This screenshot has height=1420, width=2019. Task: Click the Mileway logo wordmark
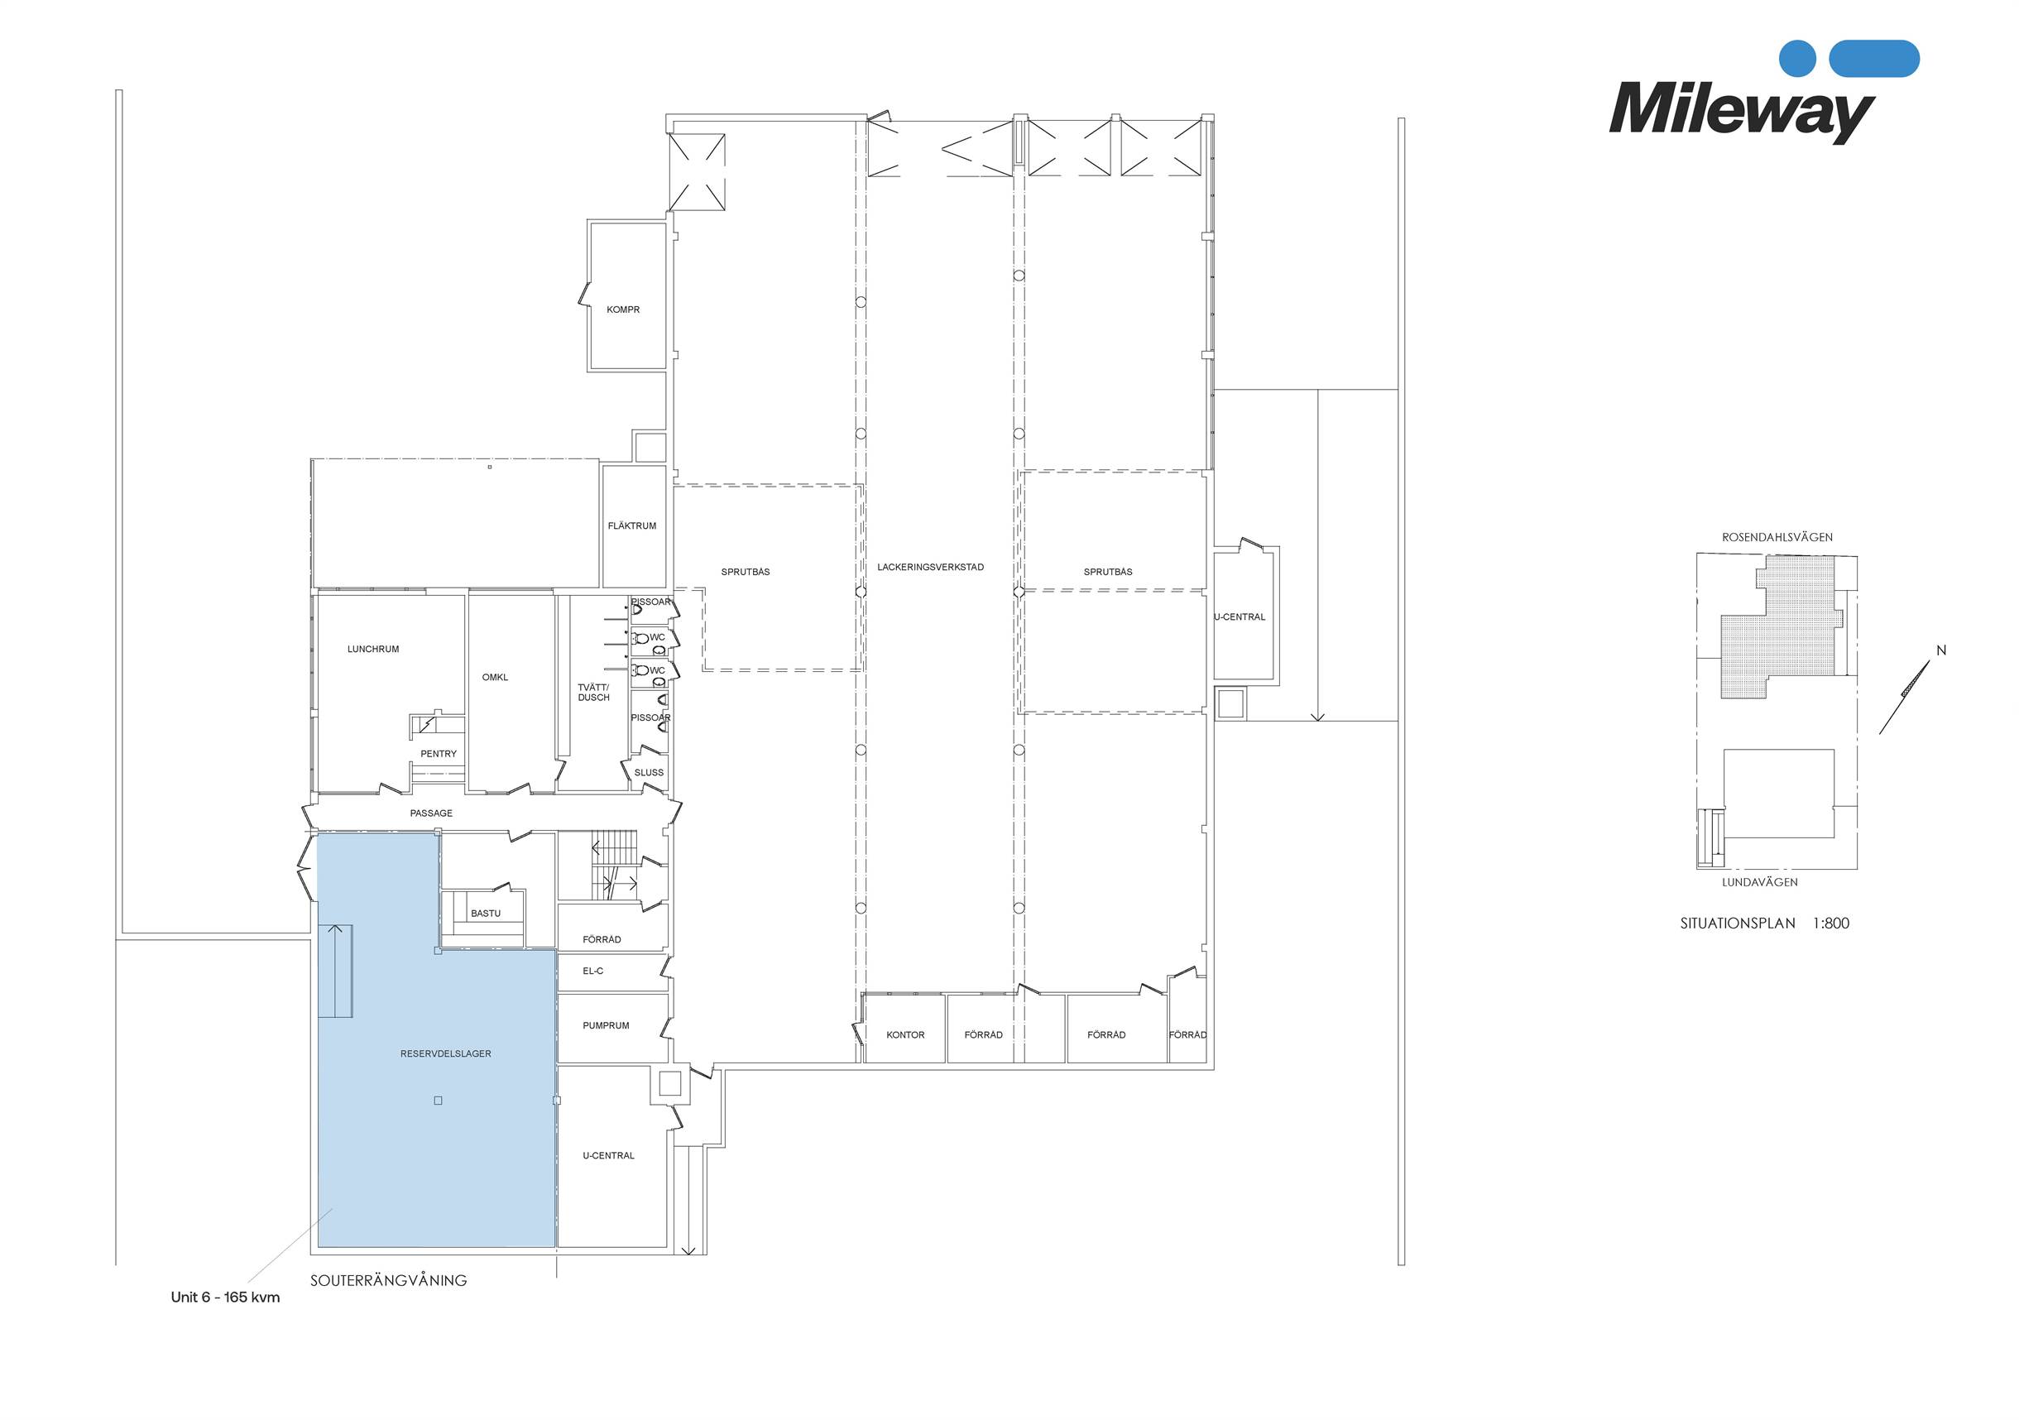pos(1741,112)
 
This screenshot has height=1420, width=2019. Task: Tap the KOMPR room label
pos(622,309)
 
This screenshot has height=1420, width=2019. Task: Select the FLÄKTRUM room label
pos(631,525)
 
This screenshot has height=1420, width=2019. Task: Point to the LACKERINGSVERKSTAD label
pos(930,567)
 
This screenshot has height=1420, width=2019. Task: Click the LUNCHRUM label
pos(373,649)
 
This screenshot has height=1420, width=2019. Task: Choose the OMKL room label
pos(495,677)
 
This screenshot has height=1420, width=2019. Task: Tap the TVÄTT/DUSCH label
pos(593,692)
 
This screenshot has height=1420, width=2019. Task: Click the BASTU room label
pos(486,914)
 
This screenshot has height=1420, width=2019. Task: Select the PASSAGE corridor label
pos(431,813)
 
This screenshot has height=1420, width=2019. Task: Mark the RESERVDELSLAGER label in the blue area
pos(446,1053)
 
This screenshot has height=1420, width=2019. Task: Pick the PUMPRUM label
pos(606,1025)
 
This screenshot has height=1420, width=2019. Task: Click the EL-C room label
pos(592,971)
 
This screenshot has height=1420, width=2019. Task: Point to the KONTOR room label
pos(906,1035)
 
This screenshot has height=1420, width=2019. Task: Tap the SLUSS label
pos(649,773)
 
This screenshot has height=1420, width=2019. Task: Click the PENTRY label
pos(439,754)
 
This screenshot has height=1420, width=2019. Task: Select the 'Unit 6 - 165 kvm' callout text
pos(225,1297)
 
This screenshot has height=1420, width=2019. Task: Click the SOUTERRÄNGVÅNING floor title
pos(389,1280)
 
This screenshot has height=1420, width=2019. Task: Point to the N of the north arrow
pos(1941,650)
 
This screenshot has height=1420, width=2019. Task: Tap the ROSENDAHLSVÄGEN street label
pos(1777,537)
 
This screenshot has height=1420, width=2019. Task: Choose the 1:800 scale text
pos(1831,923)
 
